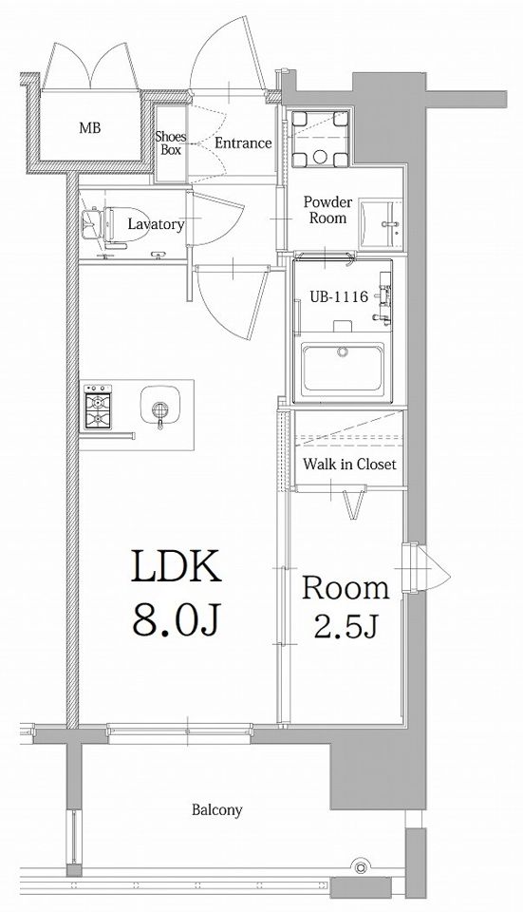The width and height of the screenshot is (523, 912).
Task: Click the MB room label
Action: point(90,127)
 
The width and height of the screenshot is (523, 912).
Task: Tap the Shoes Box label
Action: point(170,143)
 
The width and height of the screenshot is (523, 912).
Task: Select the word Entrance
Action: point(244,143)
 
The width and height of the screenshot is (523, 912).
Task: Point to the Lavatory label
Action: point(156,224)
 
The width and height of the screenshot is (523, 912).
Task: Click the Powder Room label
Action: point(327,210)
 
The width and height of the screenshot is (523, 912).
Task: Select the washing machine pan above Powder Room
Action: point(320,139)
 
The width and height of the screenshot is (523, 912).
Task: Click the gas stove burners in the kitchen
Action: point(98,407)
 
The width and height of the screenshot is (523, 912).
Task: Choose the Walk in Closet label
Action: point(350,465)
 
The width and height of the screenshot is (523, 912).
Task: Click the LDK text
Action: point(177,567)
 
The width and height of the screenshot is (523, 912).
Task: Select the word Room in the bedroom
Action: point(345,588)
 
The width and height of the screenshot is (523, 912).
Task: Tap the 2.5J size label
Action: point(346,625)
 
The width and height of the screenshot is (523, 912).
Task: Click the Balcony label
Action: point(217,809)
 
